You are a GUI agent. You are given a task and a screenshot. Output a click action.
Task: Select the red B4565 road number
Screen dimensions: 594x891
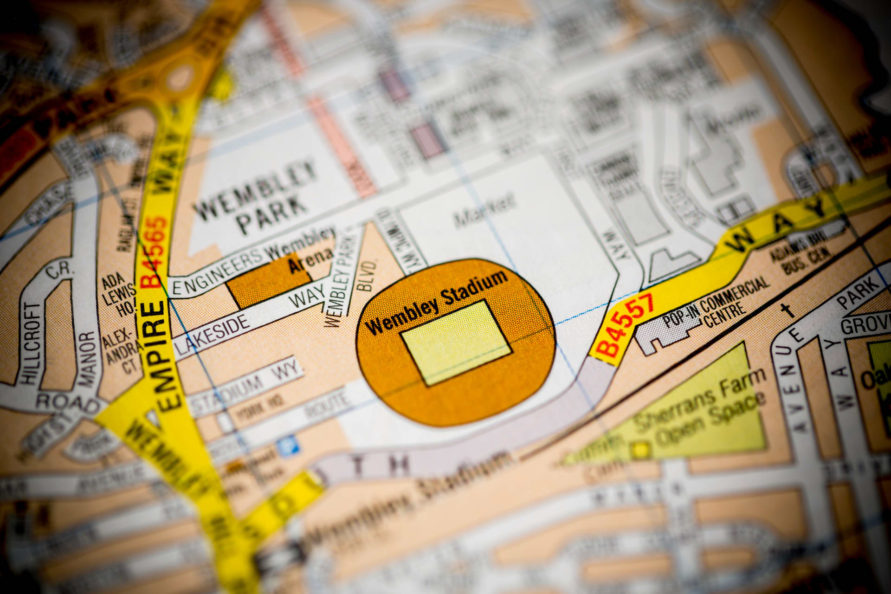(155, 251)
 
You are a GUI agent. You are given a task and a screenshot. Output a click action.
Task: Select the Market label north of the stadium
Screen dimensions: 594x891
(485, 211)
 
